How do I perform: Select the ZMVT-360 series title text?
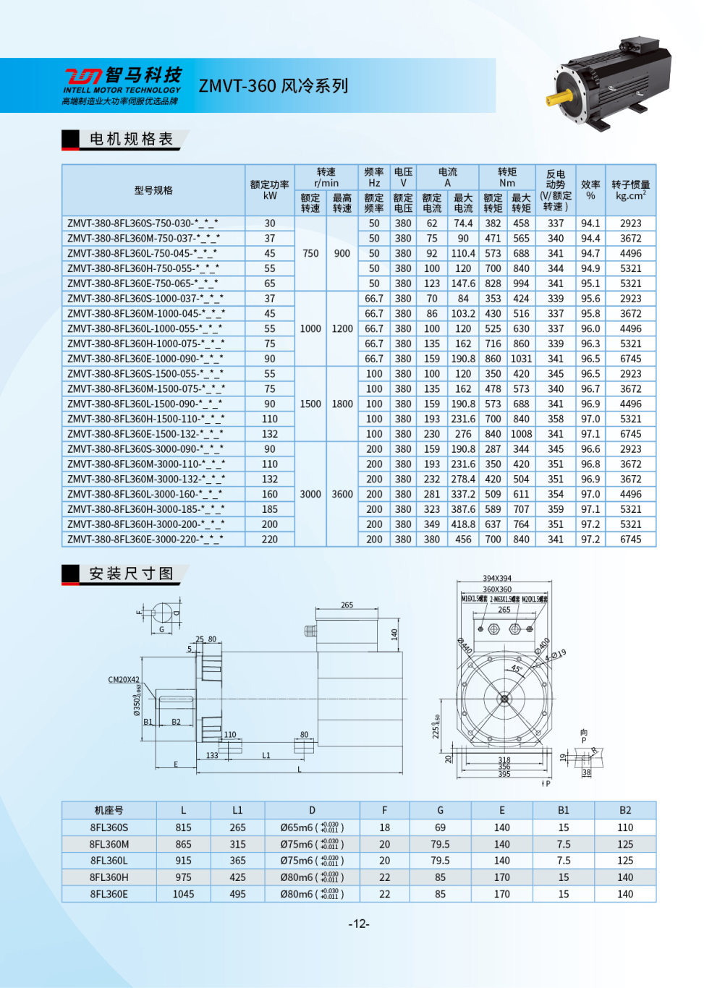274,86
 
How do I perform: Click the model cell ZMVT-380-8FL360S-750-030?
143,223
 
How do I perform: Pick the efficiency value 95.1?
590,284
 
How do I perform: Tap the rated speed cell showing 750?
310,254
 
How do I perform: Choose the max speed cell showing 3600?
342,494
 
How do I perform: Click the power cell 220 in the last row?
270,540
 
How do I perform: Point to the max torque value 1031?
521,359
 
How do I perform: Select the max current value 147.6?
463,284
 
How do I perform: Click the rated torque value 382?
493,223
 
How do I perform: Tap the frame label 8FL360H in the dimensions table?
109,877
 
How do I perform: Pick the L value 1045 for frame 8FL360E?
183,894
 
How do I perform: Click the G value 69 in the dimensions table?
440,827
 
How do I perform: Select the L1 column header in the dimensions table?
237,811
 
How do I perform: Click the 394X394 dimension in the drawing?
497,578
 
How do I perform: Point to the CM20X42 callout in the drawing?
124,680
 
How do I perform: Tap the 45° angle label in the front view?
517,669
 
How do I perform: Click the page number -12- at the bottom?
360,924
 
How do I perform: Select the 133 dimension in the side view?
212,755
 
